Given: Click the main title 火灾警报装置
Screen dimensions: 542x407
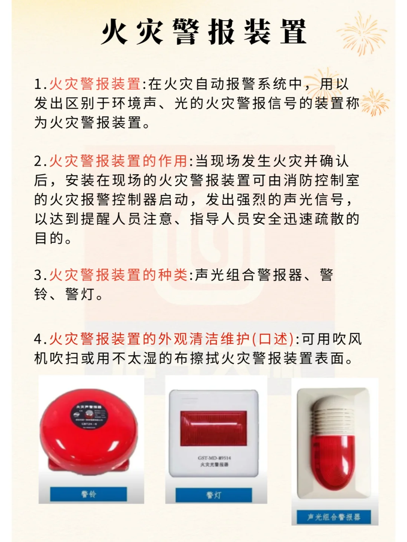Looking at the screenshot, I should pos(203,32).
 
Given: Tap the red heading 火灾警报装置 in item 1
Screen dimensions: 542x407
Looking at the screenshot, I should pos(95,84).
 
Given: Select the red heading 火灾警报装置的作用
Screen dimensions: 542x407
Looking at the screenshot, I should pos(118,161).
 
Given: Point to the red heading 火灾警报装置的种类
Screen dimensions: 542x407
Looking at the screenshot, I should pos(118,275).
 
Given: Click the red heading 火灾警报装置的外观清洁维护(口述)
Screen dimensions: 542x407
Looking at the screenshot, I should pos(171,339).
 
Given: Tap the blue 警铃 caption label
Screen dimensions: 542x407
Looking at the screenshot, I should pos(89,494).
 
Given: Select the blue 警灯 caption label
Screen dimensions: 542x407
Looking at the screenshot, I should pos(214,495).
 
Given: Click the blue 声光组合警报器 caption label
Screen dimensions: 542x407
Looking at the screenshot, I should pos(333,517).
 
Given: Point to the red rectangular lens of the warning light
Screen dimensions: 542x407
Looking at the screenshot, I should pos(213,428).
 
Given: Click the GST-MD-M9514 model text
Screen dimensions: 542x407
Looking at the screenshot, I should pos(214,458).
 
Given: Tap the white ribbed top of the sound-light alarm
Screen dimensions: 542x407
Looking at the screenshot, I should pos(332,414).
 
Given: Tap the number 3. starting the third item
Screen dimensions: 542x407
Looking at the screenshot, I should pos(40,275).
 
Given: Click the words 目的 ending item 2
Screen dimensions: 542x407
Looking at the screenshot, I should pos(49,238).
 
